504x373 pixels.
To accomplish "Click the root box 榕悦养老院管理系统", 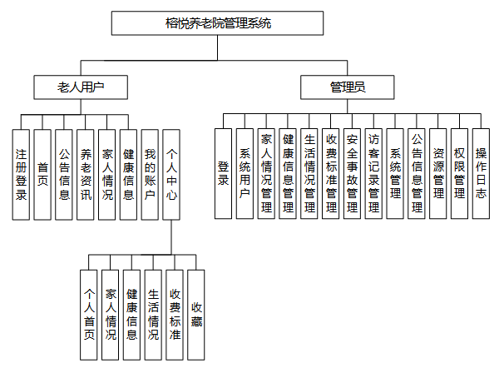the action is pyautogui.click(x=217, y=23).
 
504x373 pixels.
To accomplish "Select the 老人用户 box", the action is pyautogui.click(x=81, y=87).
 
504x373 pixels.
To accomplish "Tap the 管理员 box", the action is pyautogui.click(x=348, y=87).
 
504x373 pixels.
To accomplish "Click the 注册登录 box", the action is pyautogui.click(x=21, y=175).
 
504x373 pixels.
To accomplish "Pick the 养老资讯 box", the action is pyautogui.click(x=86, y=175).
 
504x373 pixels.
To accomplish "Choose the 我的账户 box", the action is pyautogui.click(x=150, y=175).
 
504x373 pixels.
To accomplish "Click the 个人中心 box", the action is pyautogui.click(x=171, y=175).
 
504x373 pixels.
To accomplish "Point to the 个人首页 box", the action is pyautogui.click(x=89, y=315).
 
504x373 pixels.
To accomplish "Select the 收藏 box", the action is pyautogui.click(x=196, y=315).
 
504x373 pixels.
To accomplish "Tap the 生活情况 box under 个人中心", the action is pyautogui.click(x=153, y=315).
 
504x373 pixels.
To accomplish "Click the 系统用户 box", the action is pyautogui.click(x=245, y=174).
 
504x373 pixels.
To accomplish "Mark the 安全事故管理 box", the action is pyautogui.click(x=352, y=174).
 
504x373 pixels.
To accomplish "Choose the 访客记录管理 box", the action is pyautogui.click(x=373, y=174).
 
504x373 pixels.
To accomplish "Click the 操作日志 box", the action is pyautogui.click(x=481, y=174).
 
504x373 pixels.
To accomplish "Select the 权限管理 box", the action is pyautogui.click(x=459, y=174).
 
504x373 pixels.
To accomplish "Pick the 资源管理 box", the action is pyautogui.click(x=437, y=174).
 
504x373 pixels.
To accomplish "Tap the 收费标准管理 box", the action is pyautogui.click(x=330, y=174).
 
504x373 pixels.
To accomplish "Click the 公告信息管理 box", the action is pyautogui.click(x=417, y=174).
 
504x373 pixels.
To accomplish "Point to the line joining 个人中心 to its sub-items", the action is pyautogui.click(x=171, y=237).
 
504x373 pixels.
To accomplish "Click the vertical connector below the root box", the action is pyautogui.click(x=218, y=47).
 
